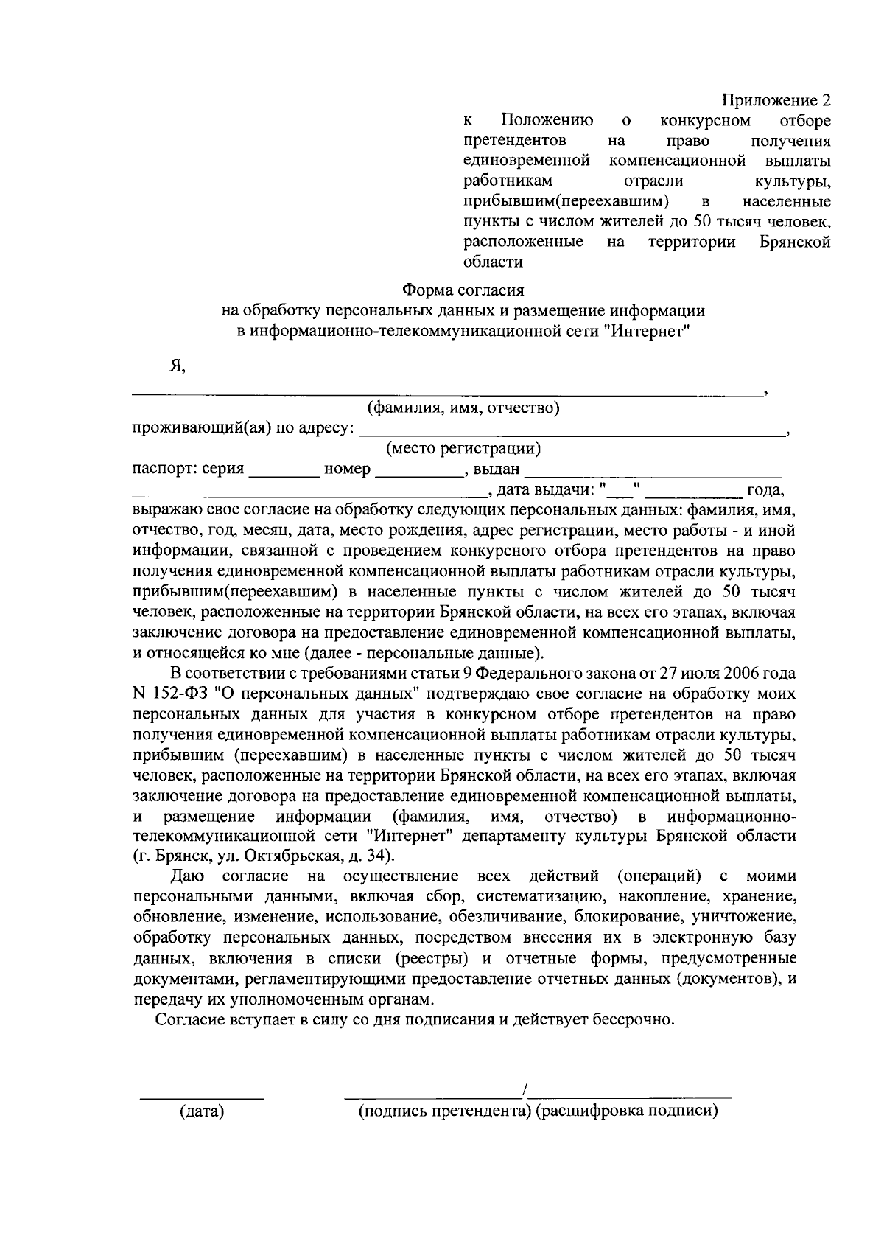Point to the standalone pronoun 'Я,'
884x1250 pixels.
pyautogui.click(x=177, y=366)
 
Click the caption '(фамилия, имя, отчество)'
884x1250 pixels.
pyautogui.click(x=463, y=408)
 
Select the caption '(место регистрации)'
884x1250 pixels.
pyautogui.click(x=463, y=448)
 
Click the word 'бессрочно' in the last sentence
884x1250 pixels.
pyautogui.click(x=636, y=1021)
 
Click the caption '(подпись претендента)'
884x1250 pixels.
pyautogui.click(x=445, y=1111)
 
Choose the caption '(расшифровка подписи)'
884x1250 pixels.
pyautogui.click(x=626, y=1111)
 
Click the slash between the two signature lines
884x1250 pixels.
pyautogui.click(x=525, y=1089)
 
